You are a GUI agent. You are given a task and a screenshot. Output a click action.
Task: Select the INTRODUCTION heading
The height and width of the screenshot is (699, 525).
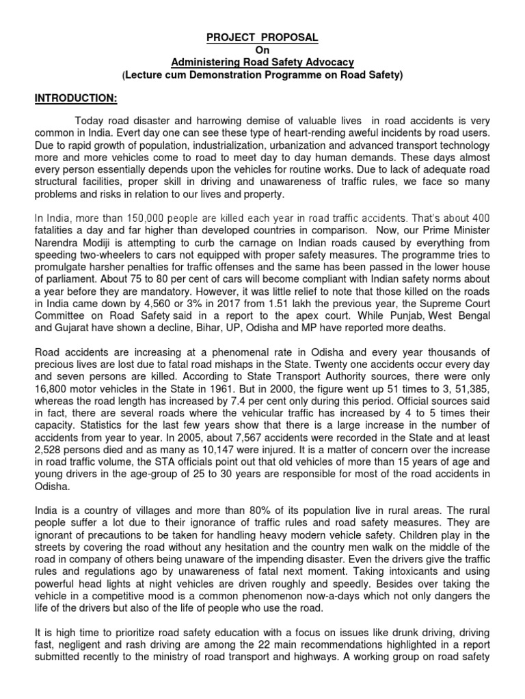tap(77, 98)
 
